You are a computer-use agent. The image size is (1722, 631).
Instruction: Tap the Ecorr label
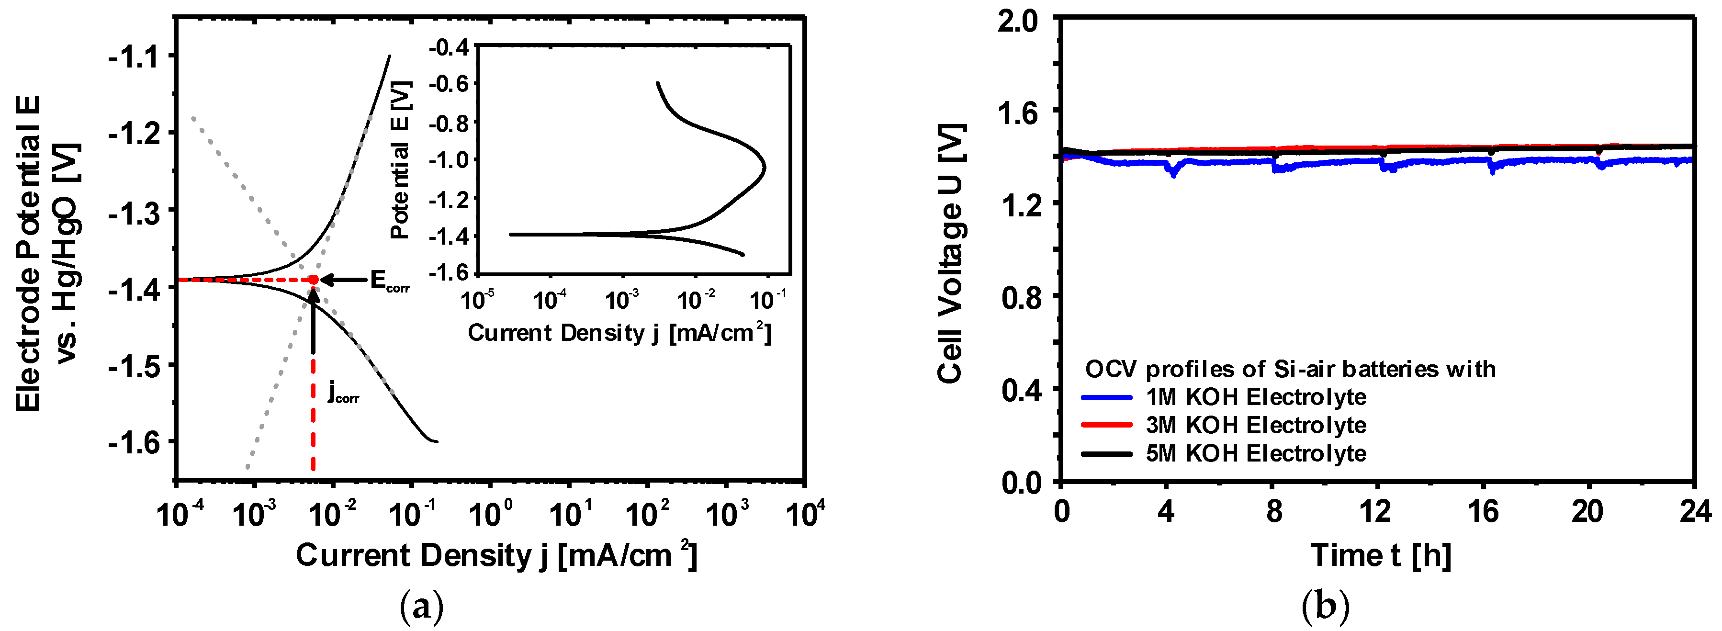click(389, 282)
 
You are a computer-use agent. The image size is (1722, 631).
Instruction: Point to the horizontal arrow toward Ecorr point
click(344, 280)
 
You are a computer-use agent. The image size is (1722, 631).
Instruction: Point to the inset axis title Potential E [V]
click(400, 160)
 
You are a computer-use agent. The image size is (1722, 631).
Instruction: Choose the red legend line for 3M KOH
click(1106, 425)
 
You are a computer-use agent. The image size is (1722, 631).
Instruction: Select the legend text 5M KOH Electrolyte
click(1255, 454)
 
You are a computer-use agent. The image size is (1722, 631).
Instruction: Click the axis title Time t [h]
click(1380, 555)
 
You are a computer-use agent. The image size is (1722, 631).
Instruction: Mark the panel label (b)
click(1326, 606)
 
